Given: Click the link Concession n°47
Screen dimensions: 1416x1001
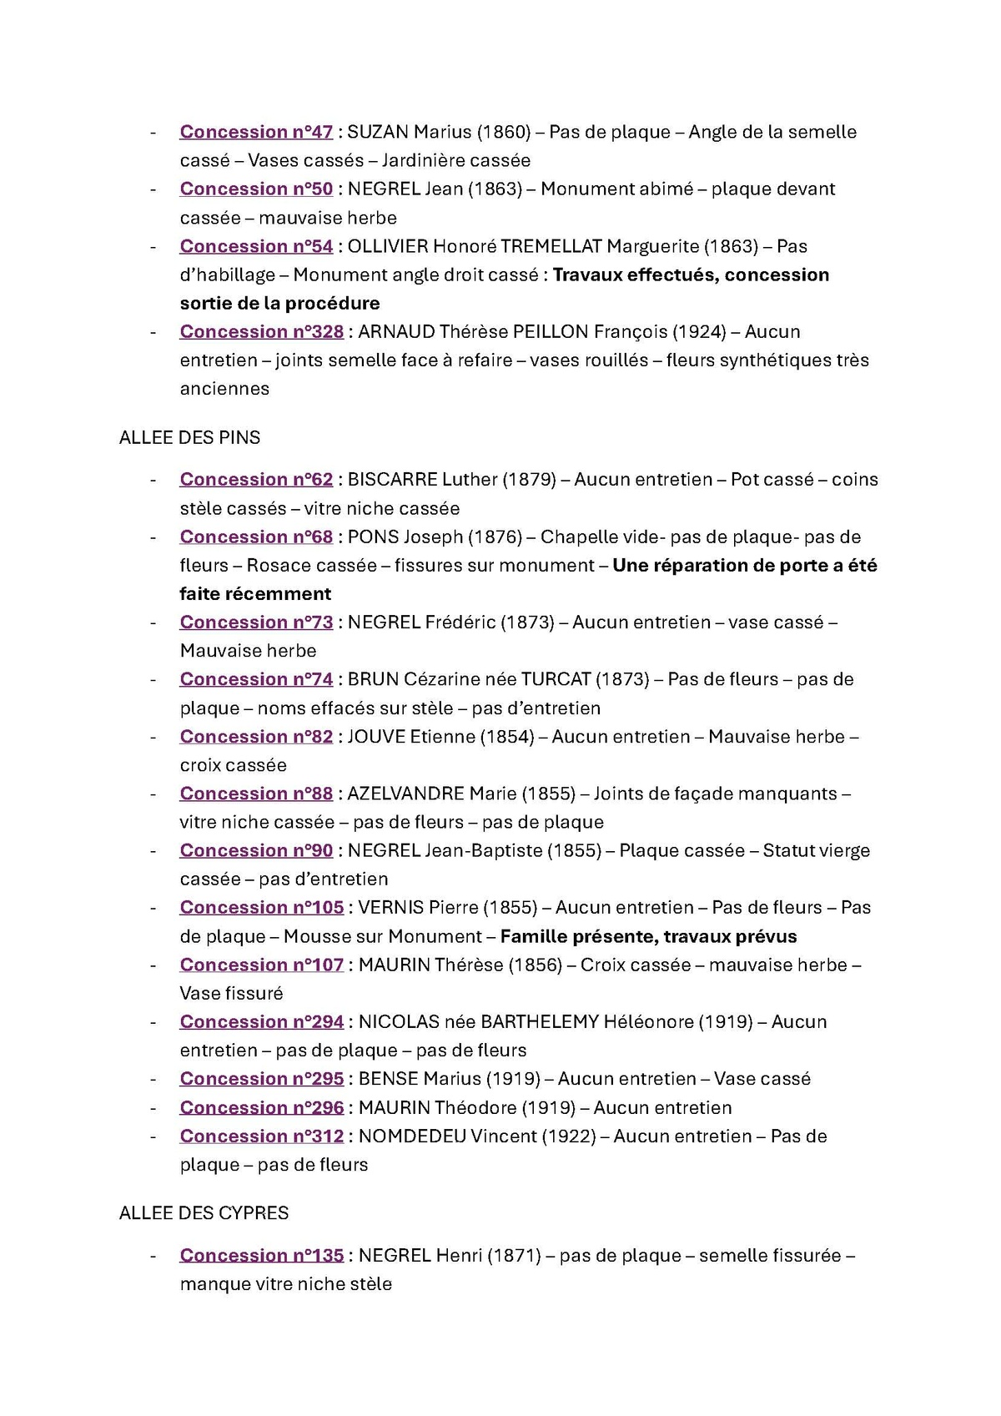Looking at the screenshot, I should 256,132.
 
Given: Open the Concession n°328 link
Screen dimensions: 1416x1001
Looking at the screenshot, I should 261,332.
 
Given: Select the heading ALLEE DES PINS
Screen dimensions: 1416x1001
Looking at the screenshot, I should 189,438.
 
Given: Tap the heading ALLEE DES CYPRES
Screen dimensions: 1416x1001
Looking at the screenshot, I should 204,1213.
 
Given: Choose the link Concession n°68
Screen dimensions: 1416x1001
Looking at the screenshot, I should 256,537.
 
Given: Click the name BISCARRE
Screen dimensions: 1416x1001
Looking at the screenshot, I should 392,480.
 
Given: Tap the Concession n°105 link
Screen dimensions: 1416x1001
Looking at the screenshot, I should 261,908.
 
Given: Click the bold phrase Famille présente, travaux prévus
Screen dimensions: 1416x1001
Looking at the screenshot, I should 648,936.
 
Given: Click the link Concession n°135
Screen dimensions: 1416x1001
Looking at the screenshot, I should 261,1256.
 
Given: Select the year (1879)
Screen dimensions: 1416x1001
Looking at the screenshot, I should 531,480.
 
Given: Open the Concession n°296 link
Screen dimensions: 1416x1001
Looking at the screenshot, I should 261,1108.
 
